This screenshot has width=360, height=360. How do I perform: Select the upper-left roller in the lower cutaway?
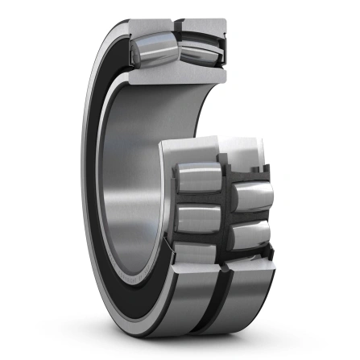click(x=195, y=178)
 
